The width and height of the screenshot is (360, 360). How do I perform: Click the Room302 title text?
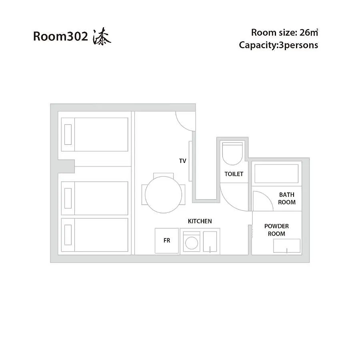tap(60, 36)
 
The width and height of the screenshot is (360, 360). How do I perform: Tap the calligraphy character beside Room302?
tap(102, 36)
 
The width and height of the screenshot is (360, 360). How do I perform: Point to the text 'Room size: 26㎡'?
tap(284, 33)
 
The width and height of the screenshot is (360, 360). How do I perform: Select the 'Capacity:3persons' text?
tap(278, 45)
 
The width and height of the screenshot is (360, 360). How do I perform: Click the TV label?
tap(182, 161)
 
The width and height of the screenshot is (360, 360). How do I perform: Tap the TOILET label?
tap(234, 174)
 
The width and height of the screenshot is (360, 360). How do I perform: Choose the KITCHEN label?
tap(200, 221)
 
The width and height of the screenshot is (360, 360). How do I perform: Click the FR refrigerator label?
tap(167, 240)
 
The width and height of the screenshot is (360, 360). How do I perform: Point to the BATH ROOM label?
tap(287, 198)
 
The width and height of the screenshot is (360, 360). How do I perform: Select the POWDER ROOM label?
tap(276, 230)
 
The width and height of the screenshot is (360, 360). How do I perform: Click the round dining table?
tap(164, 195)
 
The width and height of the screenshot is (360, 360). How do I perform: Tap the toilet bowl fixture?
tap(232, 154)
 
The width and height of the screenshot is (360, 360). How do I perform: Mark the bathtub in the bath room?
tap(276, 174)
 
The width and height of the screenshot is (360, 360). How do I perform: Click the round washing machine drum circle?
tap(192, 243)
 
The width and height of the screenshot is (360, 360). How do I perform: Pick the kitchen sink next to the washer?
tap(210, 242)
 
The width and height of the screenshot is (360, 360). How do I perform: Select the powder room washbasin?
tap(287, 246)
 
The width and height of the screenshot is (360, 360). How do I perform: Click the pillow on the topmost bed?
tap(68, 134)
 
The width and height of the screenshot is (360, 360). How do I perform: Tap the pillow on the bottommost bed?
tap(68, 235)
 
